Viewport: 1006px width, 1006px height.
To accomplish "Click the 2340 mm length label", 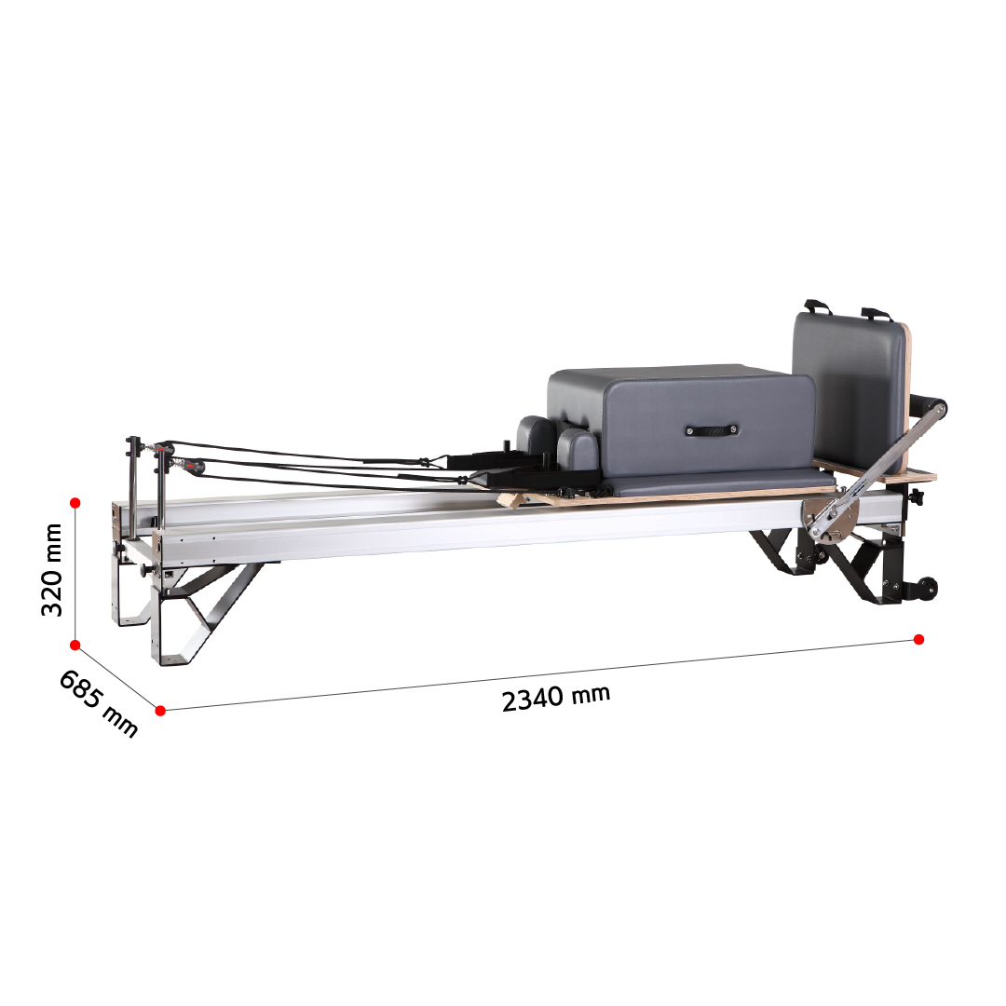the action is click(555, 698).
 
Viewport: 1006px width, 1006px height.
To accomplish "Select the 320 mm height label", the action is click(52, 570).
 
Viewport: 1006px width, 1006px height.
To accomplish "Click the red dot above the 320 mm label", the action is click(75, 503).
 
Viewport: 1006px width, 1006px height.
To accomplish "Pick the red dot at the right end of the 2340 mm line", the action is click(918, 639).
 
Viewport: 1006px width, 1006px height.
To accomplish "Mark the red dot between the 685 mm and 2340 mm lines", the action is click(160, 710).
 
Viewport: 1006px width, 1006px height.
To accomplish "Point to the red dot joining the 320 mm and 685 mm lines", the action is click(75, 645).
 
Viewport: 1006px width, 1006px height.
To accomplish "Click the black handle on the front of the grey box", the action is click(711, 429).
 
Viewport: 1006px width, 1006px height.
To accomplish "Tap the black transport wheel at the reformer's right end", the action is click(927, 588).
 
